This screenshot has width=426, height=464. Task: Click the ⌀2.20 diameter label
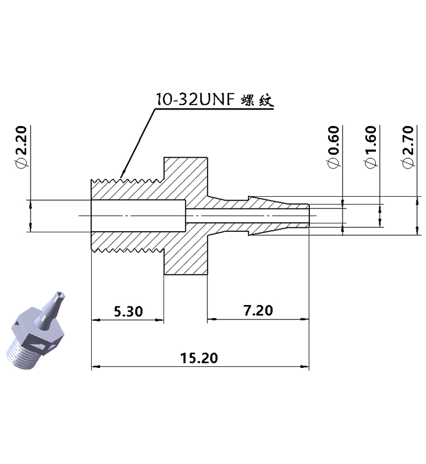click(x=21, y=147)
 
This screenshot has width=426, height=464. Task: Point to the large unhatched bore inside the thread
click(x=136, y=216)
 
